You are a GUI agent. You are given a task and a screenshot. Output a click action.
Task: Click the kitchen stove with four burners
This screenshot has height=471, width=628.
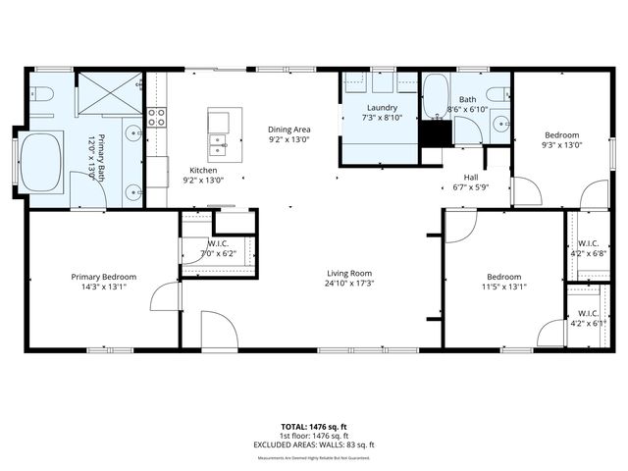[x=156, y=119]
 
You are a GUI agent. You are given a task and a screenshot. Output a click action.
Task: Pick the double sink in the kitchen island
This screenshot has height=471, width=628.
[x=217, y=147]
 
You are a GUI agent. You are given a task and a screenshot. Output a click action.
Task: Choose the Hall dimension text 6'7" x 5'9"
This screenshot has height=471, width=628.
[x=470, y=187]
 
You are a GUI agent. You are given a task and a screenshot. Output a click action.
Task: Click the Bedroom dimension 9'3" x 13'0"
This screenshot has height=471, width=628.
[x=562, y=145]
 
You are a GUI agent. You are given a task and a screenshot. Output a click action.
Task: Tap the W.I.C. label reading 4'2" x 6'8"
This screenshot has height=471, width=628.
[x=588, y=253]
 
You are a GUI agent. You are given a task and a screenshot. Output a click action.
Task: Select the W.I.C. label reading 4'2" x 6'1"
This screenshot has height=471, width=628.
[x=588, y=323]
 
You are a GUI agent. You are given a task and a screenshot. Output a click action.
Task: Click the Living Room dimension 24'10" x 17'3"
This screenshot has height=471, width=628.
[x=349, y=283]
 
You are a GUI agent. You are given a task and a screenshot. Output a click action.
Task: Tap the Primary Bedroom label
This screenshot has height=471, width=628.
[x=103, y=277]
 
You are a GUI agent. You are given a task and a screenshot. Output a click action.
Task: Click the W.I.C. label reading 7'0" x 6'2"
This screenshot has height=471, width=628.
[x=217, y=253]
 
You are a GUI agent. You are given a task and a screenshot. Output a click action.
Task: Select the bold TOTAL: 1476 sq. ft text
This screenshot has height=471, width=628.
[x=313, y=427]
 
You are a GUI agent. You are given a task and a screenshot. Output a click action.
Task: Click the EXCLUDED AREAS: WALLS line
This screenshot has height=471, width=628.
[x=313, y=445]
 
